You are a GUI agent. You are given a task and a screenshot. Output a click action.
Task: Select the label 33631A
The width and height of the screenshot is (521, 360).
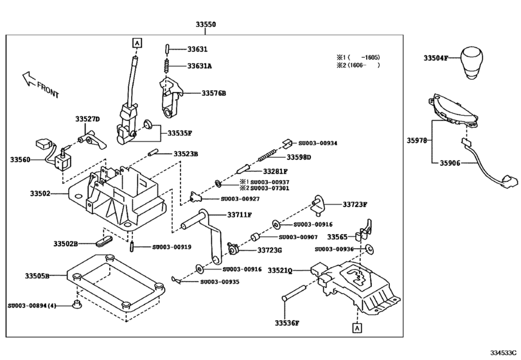200,66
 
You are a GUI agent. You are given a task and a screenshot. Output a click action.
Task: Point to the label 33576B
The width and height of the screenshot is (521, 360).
214,93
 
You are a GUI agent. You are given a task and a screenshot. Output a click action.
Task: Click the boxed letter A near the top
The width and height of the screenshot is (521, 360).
136,43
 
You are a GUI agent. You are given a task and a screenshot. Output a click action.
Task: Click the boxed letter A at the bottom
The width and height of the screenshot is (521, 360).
355,327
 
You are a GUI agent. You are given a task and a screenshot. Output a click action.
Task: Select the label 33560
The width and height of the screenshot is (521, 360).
21,158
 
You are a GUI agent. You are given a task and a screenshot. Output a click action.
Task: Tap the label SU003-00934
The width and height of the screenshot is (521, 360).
318,143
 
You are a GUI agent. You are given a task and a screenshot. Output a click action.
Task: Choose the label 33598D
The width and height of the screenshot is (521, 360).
299,157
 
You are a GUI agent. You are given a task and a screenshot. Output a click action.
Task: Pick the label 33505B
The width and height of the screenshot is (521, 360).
37,276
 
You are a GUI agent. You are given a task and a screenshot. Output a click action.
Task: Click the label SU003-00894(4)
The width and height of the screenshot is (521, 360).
33,305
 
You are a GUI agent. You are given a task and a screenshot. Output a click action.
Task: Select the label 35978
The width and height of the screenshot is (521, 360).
418,139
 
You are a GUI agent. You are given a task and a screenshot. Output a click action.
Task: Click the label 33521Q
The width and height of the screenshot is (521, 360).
280,270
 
